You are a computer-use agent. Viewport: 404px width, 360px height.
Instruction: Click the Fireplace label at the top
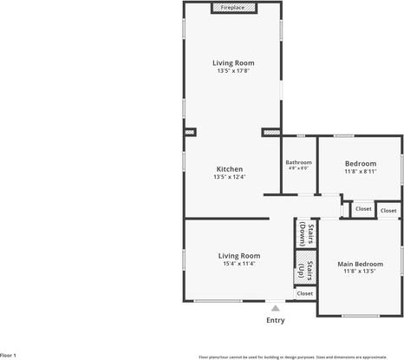(x=232, y=7)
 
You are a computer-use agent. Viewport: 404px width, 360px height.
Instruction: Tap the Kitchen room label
(x=230, y=169)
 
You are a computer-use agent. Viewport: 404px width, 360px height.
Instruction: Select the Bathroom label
(x=299, y=162)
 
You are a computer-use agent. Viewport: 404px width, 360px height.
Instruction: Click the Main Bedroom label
(x=360, y=264)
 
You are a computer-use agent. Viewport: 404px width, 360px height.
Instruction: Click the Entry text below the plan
(x=275, y=320)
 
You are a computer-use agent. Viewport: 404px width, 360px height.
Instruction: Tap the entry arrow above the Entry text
(x=275, y=308)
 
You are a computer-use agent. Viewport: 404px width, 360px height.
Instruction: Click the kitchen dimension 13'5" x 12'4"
(x=230, y=177)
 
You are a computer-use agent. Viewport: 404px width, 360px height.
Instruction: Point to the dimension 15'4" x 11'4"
(x=238, y=264)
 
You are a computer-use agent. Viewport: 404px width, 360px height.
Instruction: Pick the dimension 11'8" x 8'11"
(x=360, y=172)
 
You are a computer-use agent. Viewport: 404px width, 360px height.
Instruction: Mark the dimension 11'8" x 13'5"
(x=360, y=272)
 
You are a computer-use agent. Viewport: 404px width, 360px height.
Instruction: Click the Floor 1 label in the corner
(x=9, y=355)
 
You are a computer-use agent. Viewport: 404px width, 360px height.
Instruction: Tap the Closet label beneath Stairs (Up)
(x=305, y=293)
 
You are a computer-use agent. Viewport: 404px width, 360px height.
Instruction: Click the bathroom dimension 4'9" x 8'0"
(x=299, y=169)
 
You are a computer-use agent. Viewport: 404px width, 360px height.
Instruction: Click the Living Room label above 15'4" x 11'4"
(x=238, y=256)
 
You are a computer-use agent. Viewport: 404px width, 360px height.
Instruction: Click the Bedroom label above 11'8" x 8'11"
(x=360, y=164)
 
